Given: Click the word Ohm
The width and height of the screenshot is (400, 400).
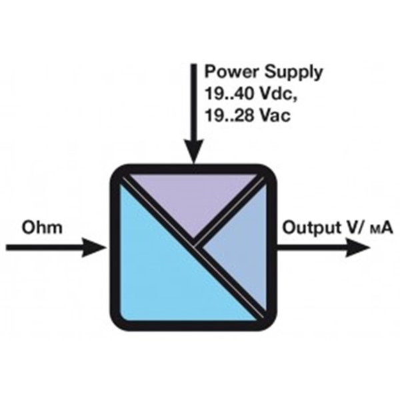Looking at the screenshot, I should pyautogui.click(x=42, y=228).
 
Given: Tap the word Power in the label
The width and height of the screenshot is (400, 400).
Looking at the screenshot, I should pyautogui.click(x=226, y=71).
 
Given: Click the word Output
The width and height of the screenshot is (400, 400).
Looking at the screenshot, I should pyautogui.click(x=309, y=228).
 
